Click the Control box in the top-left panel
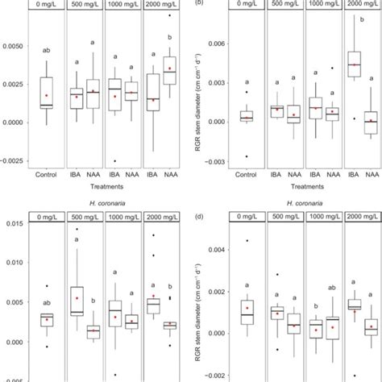(x=46, y=92)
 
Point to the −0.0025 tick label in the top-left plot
(x=12, y=160)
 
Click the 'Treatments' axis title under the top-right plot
(x=301, y=185)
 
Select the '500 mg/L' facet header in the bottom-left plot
(x=85, y=217)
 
